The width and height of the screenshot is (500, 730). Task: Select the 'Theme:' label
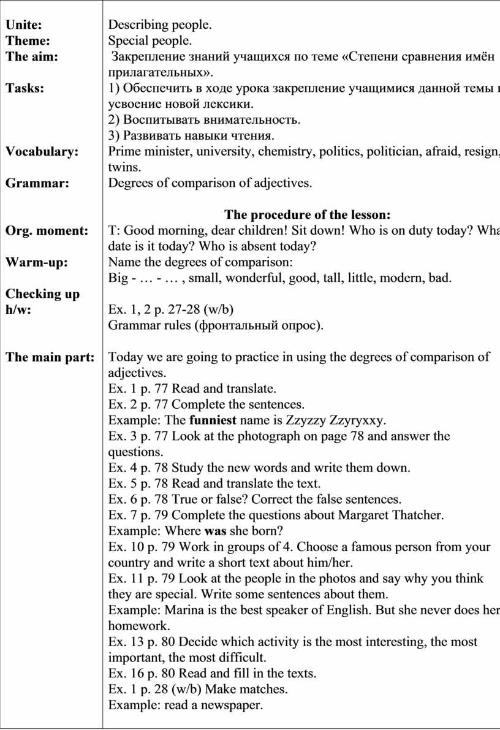pos(28,41)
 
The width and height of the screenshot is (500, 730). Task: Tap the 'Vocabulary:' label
pos(42,152)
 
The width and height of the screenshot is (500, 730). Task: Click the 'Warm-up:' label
pos(36,262)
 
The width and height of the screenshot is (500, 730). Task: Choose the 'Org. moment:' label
pos(46,230)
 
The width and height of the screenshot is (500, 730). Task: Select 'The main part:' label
pos(50,357)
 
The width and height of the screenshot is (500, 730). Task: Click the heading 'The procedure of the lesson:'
pos(307,215)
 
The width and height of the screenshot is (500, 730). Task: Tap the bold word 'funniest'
pos(214,420)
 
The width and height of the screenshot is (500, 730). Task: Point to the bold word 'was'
pos(213,530)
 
